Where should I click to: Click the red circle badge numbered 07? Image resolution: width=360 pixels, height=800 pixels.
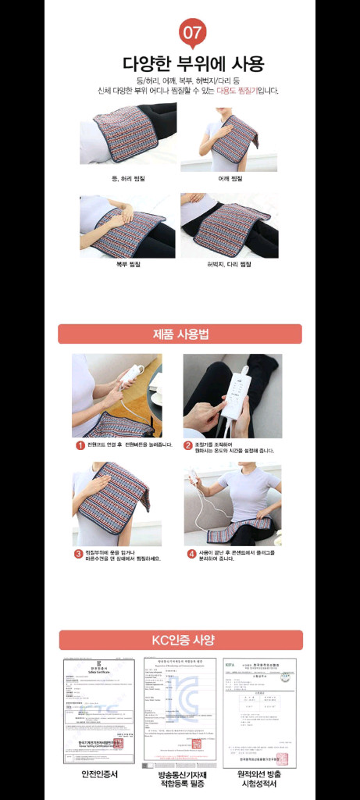click(192, 34)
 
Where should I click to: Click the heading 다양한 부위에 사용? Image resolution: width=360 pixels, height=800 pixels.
click(194, 63)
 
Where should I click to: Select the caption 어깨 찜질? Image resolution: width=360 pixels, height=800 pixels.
click(230, 178)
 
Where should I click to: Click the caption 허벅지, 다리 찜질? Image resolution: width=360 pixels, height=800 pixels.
click(229, 264)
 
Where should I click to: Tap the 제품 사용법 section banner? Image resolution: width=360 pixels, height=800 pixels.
click(180, 334)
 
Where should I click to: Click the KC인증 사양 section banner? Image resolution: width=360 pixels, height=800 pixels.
click(181, 640)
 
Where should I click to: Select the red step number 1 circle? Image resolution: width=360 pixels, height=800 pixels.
click(80, 445)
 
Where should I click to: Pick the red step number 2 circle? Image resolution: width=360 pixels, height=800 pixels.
click(188, 445)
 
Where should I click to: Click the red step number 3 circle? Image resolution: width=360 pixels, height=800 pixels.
click(79, 554)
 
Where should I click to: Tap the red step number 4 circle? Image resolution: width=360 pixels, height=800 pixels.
click(191, 554)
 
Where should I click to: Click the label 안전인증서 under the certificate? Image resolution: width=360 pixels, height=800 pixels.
click(100, 774)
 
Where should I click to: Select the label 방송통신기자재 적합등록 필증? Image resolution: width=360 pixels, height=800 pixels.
click(180, 779)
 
